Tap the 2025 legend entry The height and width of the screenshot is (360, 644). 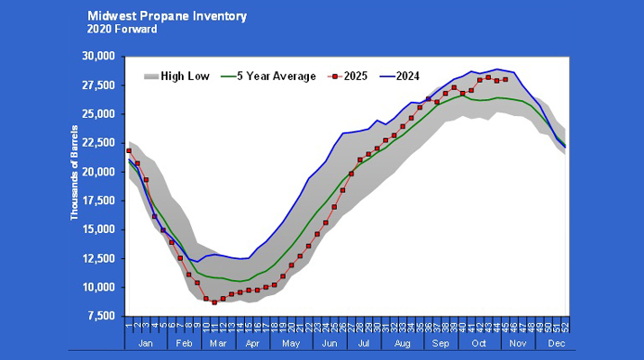tap(361, 76)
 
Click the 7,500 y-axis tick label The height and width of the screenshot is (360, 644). tap(102, 317)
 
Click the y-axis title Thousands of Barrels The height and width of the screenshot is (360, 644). tap(75, 185)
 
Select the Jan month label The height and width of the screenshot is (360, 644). tap(147, 345)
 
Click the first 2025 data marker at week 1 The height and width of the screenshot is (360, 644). tap(129, 151)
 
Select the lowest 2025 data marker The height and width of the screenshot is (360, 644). tap(214, 302)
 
